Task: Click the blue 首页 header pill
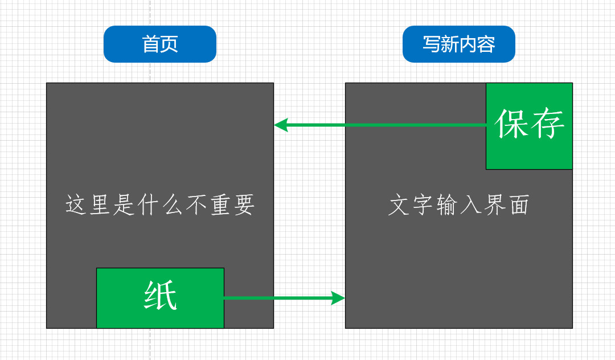[x=160, y=44]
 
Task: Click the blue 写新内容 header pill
[x=458, y=44]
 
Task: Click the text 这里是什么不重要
[x=160, y=205]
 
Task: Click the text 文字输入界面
[x=459, y=205]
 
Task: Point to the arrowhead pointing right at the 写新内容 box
[x=338, y=298]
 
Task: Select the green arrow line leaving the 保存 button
[x=387, y=125]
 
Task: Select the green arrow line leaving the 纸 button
[x=279, y=298]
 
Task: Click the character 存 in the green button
[x=548, y=124]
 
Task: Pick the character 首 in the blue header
[x=151, y=44]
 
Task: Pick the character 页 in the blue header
[x=169, y=44]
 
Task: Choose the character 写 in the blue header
[x=431, y=44]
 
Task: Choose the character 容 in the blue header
[x=486, y=44]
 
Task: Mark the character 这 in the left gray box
[x=77, y=205]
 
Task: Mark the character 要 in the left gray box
[x=243, y=205]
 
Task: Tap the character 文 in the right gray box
[x=399, y=205]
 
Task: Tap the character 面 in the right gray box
[x=519, y=205]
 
